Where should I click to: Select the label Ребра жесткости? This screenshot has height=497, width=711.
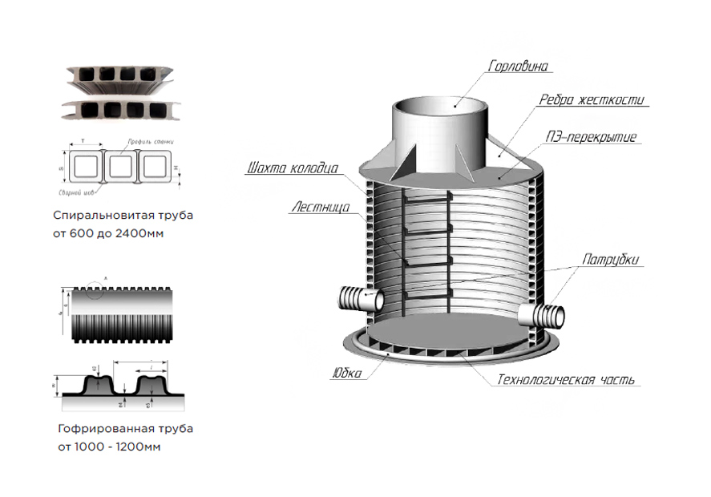click(592, 100)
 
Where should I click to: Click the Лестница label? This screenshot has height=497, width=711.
click(319, 207)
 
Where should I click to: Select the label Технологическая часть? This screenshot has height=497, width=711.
click(566, 379)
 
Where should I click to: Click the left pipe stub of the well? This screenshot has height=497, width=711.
click(358, 299)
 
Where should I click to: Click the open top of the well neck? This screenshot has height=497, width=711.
click(440, 104)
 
